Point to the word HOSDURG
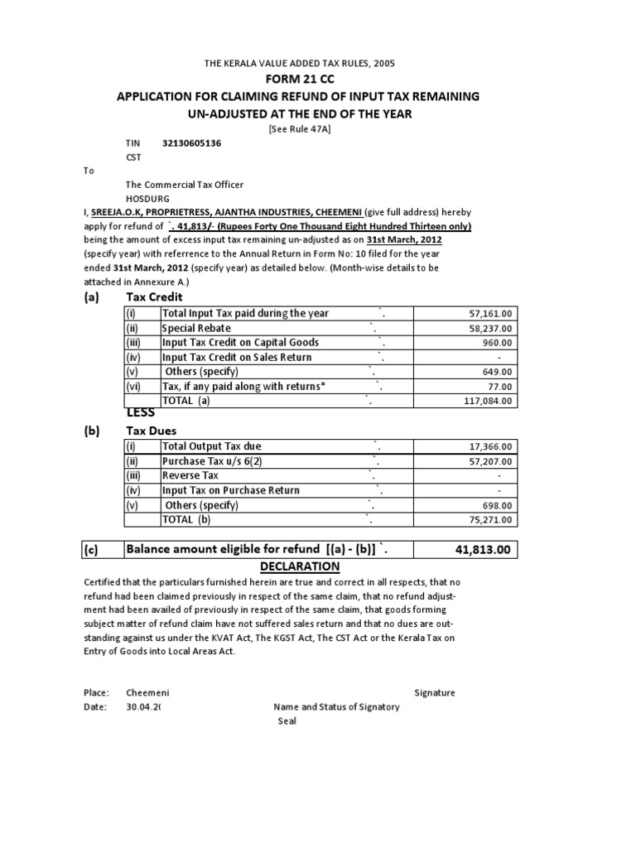[x=149, y=199]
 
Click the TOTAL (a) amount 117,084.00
[x=485, y=401]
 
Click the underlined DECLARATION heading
[x=299, y=566]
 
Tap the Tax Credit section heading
[x=154, y=297]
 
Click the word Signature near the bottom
[x=434, y=692]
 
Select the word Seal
[x=287, y=720]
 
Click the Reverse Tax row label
[x=190, y=475]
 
